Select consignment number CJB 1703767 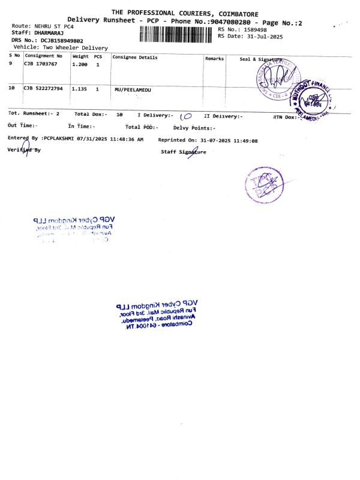(41, 63)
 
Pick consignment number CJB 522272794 (43, 88)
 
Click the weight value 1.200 (79, 63)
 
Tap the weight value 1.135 (79, 88)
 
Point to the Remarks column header (214, 58)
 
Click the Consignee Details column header (135, 58)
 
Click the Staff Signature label (183, 152)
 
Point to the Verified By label (24, 150)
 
